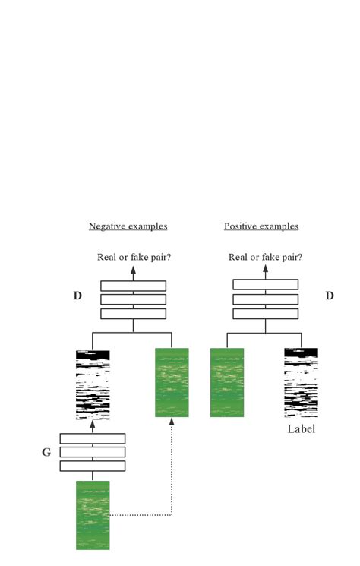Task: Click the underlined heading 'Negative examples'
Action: (128, 226)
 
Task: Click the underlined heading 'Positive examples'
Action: (261, 226)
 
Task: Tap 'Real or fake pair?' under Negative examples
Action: (134, 257)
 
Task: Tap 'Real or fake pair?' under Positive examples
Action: (265, 257)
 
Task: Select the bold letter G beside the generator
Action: (46, 452)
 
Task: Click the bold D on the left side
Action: (77, 296)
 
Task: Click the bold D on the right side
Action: (330, 296)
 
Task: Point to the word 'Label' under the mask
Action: (301, 429)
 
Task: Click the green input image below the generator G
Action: (93, 514)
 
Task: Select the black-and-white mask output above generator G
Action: (93, 385)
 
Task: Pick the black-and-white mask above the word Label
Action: (301, 382)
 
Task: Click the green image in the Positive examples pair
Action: (227, 382)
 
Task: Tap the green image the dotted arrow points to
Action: (172, 382)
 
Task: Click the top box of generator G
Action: (93, 438)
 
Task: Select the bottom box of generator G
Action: (93, 466)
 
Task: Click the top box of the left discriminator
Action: (134, 286)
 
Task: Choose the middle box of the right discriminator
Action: (265, 299)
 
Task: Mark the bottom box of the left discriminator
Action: (134, 313)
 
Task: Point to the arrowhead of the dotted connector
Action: (172, 422)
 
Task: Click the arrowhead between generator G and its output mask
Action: (93, 425)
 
